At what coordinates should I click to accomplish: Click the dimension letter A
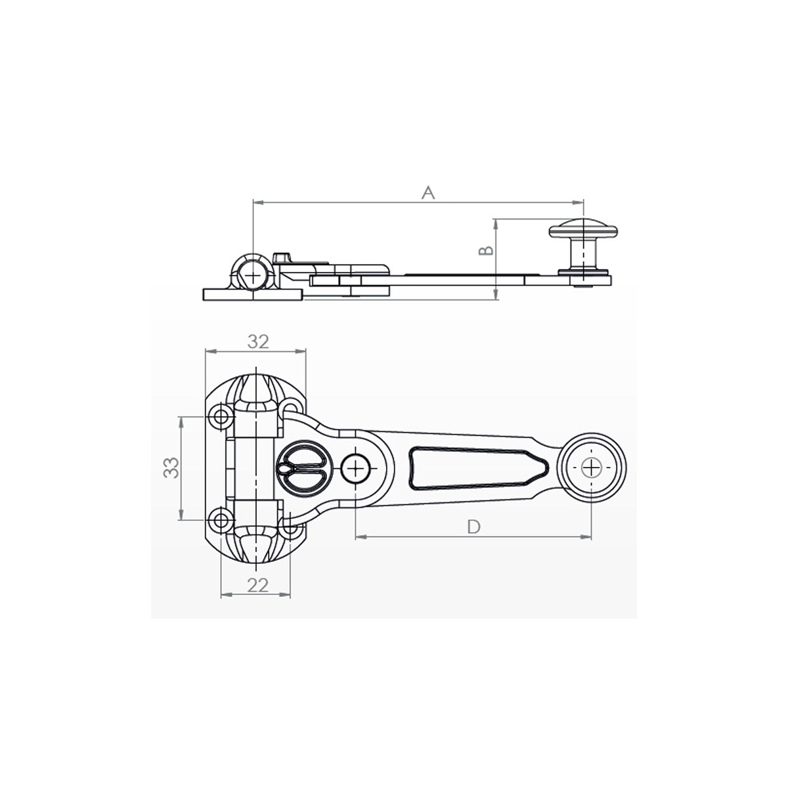click(x=427, y=192)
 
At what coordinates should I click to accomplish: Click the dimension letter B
click(x=486, y=251)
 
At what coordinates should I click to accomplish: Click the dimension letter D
click(x=473, y=527)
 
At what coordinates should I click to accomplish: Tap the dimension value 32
click(x=258, y=341)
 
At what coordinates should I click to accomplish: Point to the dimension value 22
click(x=258, y=586)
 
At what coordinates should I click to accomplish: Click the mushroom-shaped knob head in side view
click(x=583, y=229)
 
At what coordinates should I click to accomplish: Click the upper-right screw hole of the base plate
click(x=290, y=408)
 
